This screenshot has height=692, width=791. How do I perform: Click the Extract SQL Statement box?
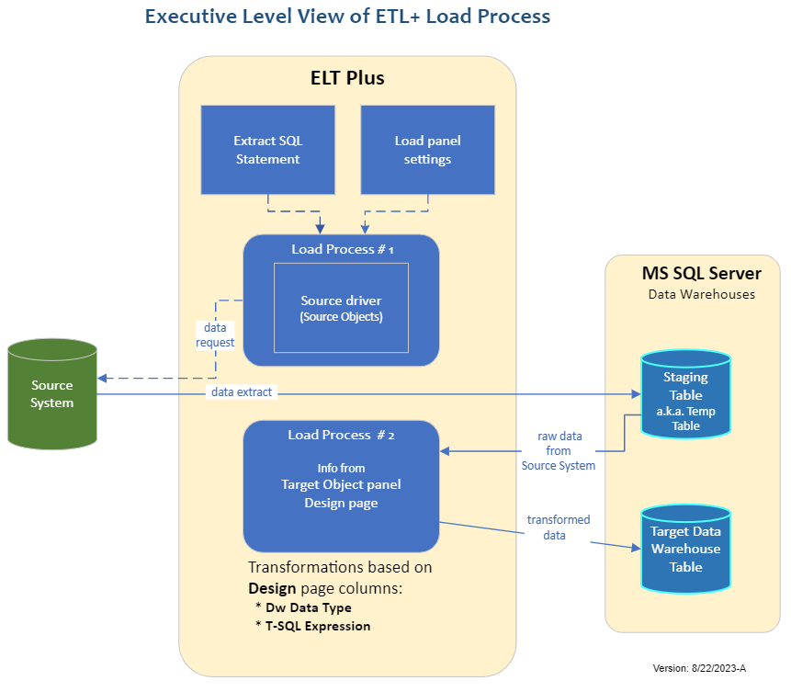(267, 150)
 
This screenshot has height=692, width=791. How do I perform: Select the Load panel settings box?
(427, 150)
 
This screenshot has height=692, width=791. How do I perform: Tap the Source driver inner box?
(341, 308)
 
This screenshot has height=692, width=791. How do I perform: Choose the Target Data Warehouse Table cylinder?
(685, 549)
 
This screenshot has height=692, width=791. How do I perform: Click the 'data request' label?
(214, 335)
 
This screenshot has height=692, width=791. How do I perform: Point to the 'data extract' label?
(242, 392)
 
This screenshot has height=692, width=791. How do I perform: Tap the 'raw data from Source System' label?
(559, 450)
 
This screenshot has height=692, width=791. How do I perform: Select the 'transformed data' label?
(559, 527)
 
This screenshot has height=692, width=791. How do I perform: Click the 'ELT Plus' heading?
(347, 78)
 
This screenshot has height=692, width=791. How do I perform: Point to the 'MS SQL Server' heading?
(701, 274)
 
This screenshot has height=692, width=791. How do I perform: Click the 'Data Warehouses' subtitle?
(702, 294)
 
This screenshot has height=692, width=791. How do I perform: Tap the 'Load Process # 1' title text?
(342, 249)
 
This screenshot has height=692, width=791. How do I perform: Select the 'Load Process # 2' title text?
(342, 435)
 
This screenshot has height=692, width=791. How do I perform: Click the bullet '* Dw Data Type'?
(303, 607)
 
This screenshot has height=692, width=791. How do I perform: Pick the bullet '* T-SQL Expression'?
(312, 626)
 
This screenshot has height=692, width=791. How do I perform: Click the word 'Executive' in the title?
(189, 17)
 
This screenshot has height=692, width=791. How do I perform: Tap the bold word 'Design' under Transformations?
(272, 588)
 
